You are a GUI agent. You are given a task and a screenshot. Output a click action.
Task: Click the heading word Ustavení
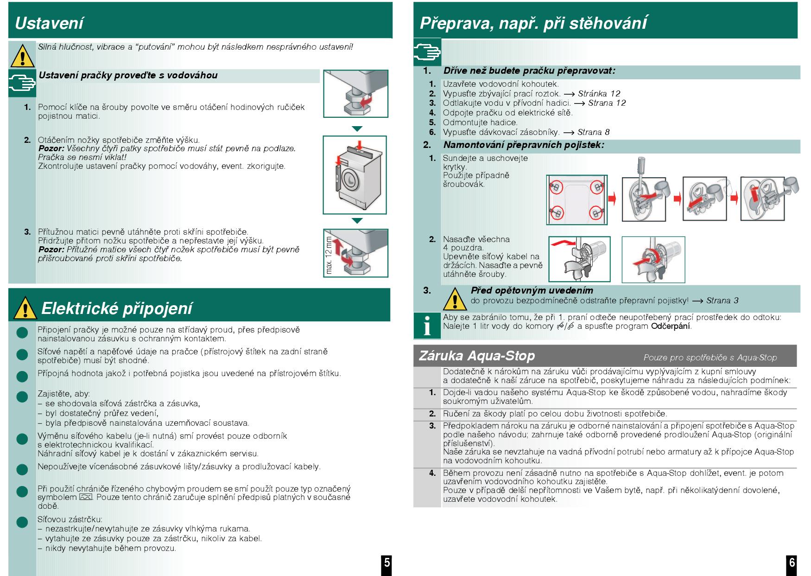pos(50,23)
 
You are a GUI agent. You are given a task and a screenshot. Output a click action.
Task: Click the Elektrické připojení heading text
pos(116,308)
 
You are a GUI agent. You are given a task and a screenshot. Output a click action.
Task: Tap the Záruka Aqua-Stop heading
pos(477,356)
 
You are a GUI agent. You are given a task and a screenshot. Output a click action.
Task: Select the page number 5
pos(386,563)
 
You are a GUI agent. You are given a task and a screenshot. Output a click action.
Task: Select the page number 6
pos(792,563)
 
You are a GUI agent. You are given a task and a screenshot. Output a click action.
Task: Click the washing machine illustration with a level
pos(355,174)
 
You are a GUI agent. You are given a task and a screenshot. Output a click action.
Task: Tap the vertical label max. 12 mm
pos(329,255)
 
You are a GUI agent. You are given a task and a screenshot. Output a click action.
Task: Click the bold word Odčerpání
pos(671,326)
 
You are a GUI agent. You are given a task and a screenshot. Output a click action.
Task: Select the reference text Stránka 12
pos(599,94)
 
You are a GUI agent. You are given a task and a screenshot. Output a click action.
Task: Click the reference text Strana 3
pos(722,301)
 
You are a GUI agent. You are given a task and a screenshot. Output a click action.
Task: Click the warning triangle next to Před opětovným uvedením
pos(455,299)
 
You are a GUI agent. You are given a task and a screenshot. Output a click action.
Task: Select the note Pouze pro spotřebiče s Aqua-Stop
pos(710,358)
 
